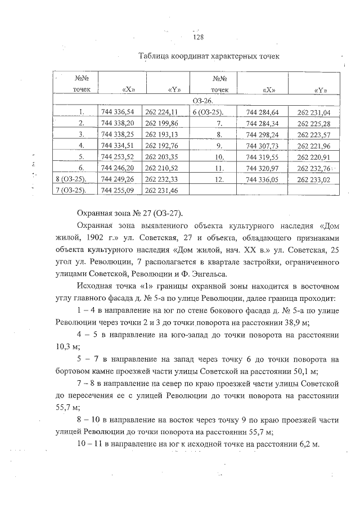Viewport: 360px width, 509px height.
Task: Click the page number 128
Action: tap(197, 38)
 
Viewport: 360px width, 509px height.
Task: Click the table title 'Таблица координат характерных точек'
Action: tap(209, 57)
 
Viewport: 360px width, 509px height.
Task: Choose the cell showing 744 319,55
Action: tap(263, 156)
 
